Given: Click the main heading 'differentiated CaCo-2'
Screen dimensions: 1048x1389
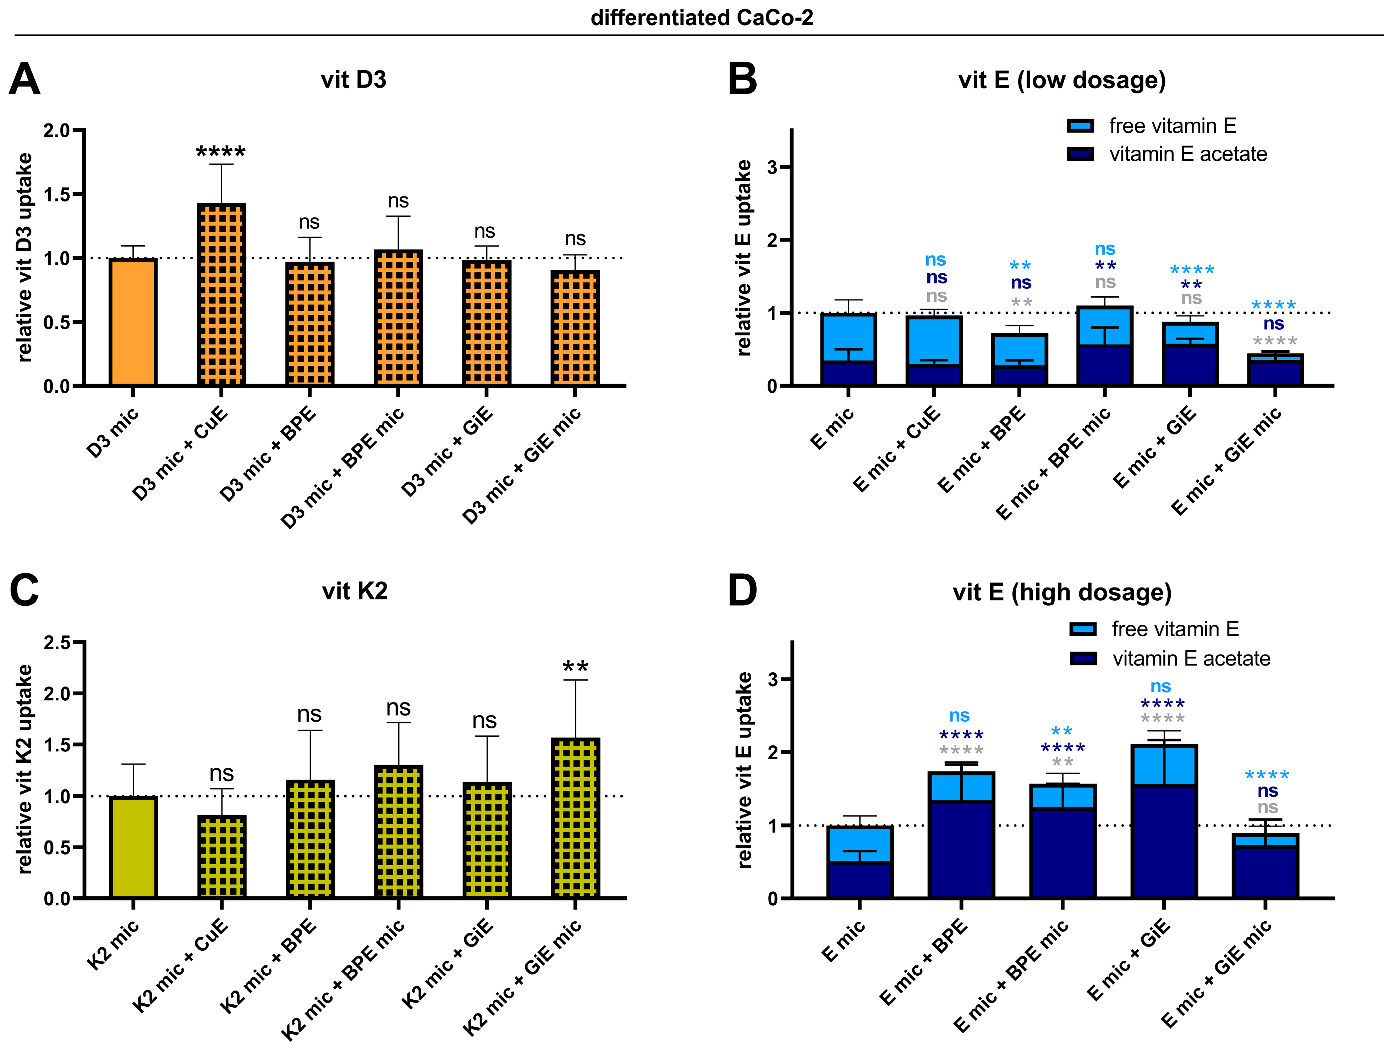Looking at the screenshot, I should click(701, 18).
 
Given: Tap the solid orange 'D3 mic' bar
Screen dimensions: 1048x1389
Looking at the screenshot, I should click(132, 321).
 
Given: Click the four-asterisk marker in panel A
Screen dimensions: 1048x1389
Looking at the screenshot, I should click(221, 152).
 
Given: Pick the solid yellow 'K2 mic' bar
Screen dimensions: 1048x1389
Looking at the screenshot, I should click(132, 847).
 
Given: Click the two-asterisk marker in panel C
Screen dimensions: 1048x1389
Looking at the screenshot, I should click(575, 667).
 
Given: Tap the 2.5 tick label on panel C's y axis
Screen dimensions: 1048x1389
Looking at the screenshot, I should click(56, 642).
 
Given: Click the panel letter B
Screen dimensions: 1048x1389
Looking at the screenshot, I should click(742, 80).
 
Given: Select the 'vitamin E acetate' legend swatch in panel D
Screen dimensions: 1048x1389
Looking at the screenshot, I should click(1083, 658).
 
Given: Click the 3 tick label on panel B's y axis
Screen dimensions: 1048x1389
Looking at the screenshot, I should click(772, 167).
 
